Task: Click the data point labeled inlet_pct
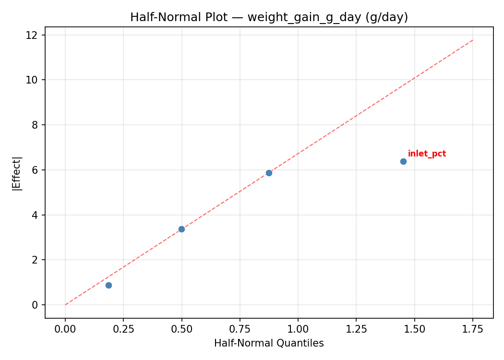[x=403, y=161]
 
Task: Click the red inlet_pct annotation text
[x=427, y=154]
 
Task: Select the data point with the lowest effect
[x=108, y=285]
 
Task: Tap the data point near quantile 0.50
[x=181, y=229]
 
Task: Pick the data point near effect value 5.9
[x=269, y=173]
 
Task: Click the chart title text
[x=269, y=17]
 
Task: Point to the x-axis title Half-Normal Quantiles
[x=269, y=343]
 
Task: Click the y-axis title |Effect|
[x=17, y=173]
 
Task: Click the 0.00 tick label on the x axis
[x=65, y=329]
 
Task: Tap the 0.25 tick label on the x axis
[x=123, y=329]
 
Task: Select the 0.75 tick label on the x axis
[x=240, y=329]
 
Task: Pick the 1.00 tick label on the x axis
[x=298, y=329]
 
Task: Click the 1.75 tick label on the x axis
[x=472, y=329]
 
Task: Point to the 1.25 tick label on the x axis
[x=356, y=329]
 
